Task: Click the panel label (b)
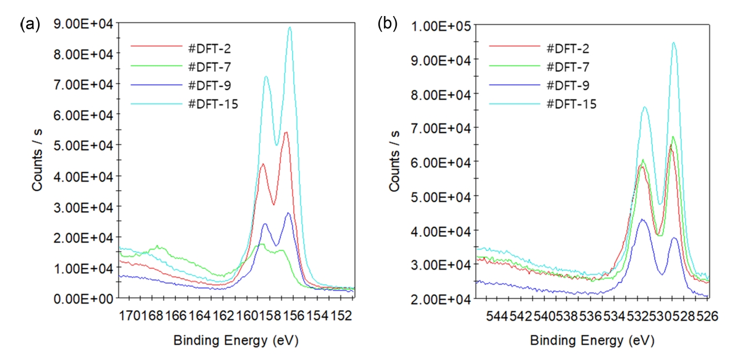(x=387, y=24)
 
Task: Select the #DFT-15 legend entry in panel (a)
(x=213, y=103)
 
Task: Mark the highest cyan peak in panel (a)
(x=289, y=28)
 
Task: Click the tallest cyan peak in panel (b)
(x=673, y=43)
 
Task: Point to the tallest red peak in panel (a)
(x=286, y=132)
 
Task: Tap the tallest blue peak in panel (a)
(x=288, y=213)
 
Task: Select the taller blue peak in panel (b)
(x=642, y=220)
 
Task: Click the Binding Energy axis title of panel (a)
(x=236, y=340)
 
